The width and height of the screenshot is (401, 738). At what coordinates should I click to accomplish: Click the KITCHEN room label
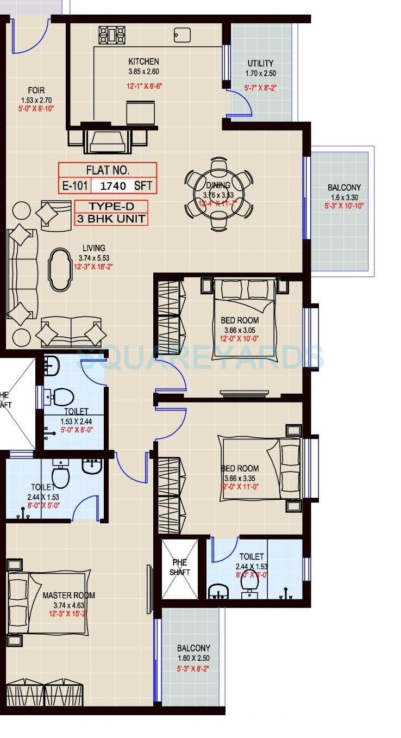tap(143, 61)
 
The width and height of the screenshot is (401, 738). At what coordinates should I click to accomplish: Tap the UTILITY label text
tap(260, 63)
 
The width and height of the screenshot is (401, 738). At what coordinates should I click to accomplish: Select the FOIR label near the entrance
tap(36, 90)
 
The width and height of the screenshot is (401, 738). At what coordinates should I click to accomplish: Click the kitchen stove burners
tap(112, 35)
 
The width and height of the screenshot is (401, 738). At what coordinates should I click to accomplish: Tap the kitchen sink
tap(182, 34)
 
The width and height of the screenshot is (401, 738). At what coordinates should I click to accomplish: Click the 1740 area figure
tap(113, 186)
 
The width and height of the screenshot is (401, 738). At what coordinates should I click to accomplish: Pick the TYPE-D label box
tap(111, 206)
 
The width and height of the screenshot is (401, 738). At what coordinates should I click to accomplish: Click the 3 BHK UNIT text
tap(111, 219)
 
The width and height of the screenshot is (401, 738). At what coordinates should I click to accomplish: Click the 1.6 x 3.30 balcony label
tap(344, 197)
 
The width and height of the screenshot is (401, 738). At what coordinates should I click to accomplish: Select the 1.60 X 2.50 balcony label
tap(193, 658)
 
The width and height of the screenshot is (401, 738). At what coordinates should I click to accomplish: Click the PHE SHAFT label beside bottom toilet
tap(180, 568)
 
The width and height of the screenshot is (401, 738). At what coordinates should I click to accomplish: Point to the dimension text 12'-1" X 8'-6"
tap(143, 85)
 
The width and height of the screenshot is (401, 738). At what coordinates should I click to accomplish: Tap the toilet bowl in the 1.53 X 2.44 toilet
tap(63, 396)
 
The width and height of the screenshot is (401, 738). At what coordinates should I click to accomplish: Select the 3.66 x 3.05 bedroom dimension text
tap(240, 330)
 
